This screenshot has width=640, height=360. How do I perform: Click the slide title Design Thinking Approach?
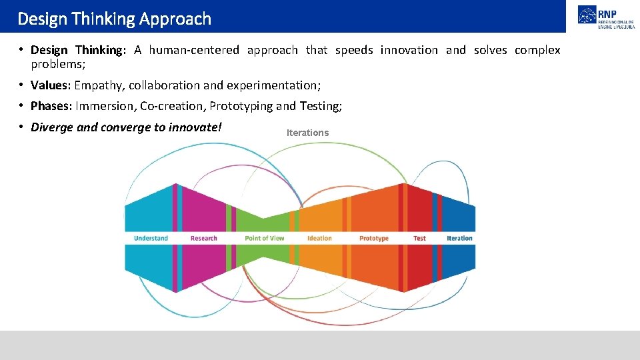[x=114, y=19]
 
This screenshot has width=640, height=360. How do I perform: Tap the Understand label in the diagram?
[x=151, y=238]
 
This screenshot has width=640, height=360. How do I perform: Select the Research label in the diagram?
[x=203, y=238]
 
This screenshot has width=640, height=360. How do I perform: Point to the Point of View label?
[x=264, y=238]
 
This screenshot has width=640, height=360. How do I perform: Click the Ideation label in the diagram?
[x=319, y=238]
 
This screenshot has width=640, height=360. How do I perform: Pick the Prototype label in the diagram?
[x=373, y=238]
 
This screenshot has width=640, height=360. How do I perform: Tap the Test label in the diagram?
[x=419, y=238]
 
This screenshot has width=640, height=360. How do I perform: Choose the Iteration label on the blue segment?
[x=459, y=238]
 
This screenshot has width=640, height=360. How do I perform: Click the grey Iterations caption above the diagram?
[x=307, y=133]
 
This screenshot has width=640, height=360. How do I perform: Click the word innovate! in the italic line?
[x=197, y=127]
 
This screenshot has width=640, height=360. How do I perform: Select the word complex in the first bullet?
[x=537, y=50]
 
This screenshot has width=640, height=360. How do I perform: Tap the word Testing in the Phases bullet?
[x=319, y=106]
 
